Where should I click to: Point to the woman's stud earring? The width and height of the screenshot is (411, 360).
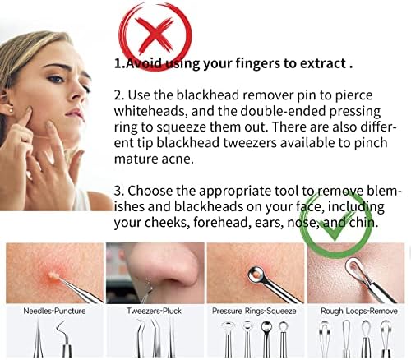(x=12, y=110)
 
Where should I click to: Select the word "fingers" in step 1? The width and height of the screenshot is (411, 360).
(x=257, y=63)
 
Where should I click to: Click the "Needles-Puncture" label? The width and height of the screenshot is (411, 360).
(x=54, y=311)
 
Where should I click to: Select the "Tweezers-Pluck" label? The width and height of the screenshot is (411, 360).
(x=154, y=311)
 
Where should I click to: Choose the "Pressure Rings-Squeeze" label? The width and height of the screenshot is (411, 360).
(x=254, y=311)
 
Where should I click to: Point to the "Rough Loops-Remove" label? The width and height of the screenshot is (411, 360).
(x=359, y=311)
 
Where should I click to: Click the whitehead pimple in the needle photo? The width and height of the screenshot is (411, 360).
(x=53, y=275)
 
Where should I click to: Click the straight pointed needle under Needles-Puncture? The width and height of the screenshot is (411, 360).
(x=38, y=339)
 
